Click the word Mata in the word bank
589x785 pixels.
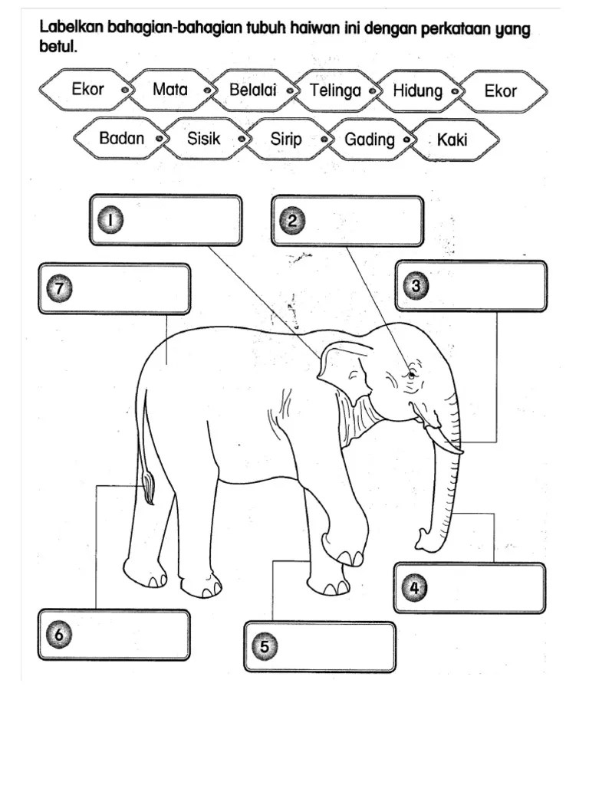(x=169, y=89)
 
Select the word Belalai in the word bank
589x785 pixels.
(x=253, y=90)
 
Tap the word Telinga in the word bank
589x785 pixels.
(x=335, y=90)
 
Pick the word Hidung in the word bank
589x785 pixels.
(x=418, y=91)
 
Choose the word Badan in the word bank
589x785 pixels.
(x=122, y=138)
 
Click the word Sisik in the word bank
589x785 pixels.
(x=204, y=138)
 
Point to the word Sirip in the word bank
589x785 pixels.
(x=286, y=139)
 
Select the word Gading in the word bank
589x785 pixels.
(x=370, y=140)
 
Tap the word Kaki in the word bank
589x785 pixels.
(x=452, y=140)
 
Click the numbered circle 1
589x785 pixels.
(x=110, y=220)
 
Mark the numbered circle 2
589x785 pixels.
(x=292, y=221)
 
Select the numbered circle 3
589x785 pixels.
(x=416, y=286)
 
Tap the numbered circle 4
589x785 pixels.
(x=414, y=588)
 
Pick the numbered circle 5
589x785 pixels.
(x=265, y=646)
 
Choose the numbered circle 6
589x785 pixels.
(x=59, y=635)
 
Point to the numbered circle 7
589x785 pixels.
(x=59, y=288)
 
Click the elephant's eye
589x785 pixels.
(x=411, y=374)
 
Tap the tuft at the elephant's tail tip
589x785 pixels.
(x=150, y=488)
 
